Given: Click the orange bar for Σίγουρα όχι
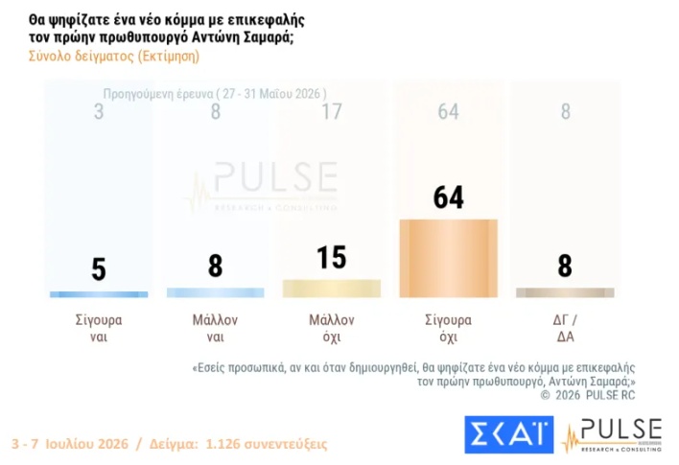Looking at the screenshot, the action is [448, 259].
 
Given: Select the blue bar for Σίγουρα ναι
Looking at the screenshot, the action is [99, 294].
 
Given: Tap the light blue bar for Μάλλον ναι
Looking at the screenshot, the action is [215, 292].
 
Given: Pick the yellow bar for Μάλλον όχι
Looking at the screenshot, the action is [332, 289].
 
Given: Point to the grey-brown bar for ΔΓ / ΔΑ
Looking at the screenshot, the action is [565, 292].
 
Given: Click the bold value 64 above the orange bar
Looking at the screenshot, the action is [448, 198].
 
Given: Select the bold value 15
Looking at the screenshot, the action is [332, 257].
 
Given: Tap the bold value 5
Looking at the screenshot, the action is [99, 269].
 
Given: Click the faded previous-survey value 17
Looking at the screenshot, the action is [332, 112].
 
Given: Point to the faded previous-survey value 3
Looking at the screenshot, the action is [99, 112].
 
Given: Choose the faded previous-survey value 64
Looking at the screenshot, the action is [448, 112].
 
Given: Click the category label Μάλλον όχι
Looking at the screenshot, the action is [332, 328].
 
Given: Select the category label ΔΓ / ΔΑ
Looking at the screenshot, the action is [565, 328].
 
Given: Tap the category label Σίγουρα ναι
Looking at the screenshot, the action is [99, 328].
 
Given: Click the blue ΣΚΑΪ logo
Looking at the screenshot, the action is [509, 434].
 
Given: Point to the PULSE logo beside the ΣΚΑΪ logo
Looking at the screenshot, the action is [612, 435].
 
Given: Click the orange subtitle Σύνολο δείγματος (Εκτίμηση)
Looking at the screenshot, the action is [114, 57].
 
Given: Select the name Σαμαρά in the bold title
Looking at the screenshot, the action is [269, 37].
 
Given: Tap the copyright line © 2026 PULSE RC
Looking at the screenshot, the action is [588, 395].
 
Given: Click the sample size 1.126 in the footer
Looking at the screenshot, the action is [222, 444].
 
